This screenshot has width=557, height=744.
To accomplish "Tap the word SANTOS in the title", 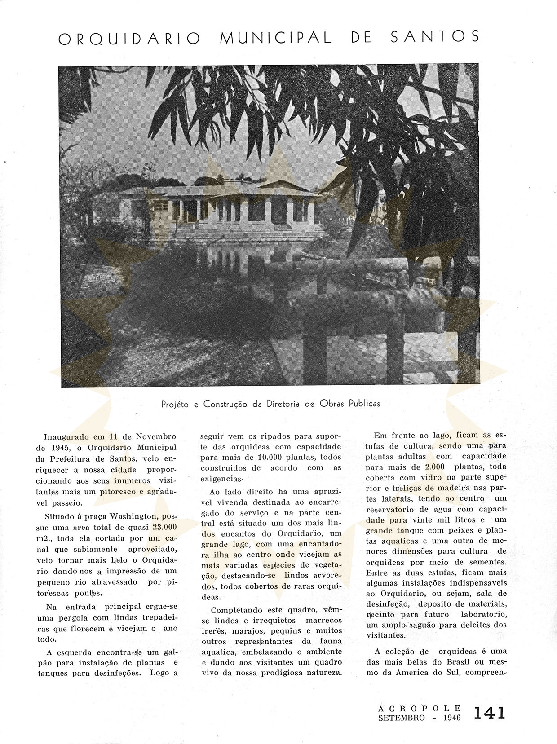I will coord(435,37).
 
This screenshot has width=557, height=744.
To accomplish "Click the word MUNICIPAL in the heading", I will coord(275,38).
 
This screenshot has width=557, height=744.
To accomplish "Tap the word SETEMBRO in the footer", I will coord(401,718).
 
